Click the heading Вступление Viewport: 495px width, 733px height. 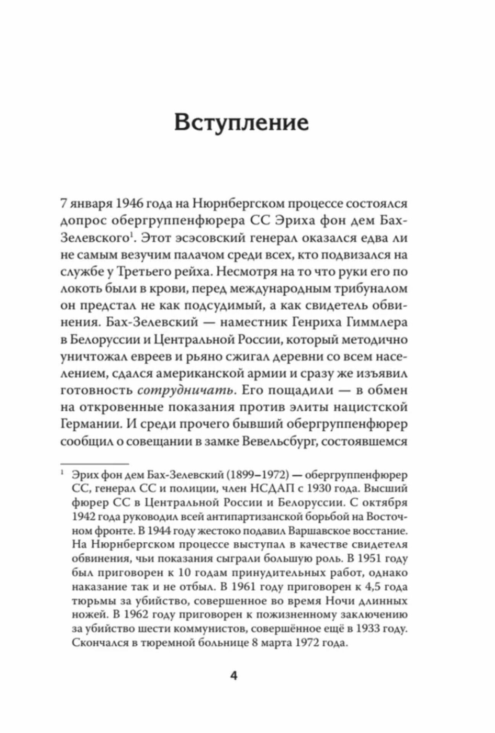(241, 123)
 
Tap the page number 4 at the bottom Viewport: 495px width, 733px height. (234, 676)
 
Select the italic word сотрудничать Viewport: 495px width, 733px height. (185, 390)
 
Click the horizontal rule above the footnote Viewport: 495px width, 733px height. (94, 464)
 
